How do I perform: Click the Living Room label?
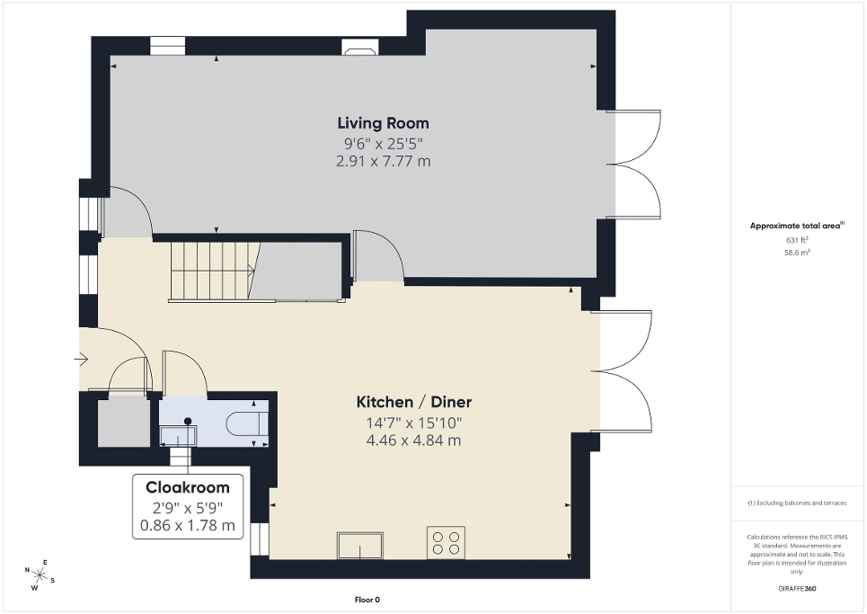point(383,123)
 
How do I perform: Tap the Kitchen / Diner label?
point(413,402)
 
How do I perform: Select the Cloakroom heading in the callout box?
point(188,487)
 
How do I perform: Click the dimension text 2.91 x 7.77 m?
point(383,161)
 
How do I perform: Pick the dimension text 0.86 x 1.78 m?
point(188,525)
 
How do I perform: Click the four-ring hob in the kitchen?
point(447,542)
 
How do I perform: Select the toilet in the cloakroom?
point(247,423)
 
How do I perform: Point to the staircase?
point(208,270)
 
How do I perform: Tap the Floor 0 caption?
point(368,600)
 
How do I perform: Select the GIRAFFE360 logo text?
point(798,589)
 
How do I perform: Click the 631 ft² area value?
point(798,240)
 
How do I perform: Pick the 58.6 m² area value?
point(798,254)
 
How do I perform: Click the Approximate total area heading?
point(798,226)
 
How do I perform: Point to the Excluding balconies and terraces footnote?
point(798,503)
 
